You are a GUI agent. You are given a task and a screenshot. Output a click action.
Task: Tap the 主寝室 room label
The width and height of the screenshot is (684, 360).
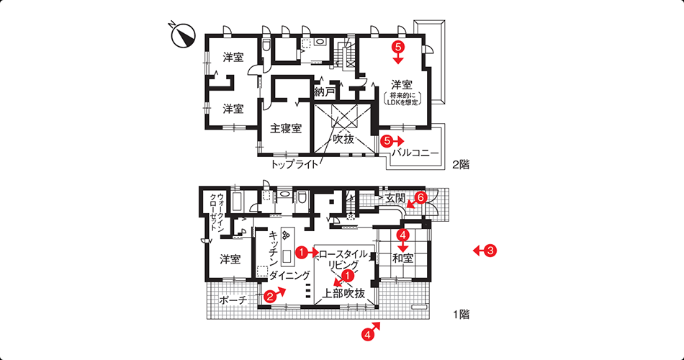[286, 128]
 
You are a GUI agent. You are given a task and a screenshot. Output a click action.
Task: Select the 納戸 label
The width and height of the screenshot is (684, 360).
[325, 92]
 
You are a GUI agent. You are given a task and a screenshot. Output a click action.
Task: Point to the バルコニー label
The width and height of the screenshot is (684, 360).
[415, 153]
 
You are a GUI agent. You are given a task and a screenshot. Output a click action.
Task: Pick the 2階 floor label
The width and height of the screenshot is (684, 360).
[461, 165]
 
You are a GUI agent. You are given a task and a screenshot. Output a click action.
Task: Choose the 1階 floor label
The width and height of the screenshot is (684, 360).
[461, 314]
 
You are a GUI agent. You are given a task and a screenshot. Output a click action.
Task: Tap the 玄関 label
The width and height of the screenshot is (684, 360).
[395, 198]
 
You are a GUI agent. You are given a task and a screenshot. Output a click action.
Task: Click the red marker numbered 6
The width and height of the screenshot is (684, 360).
[420, 197]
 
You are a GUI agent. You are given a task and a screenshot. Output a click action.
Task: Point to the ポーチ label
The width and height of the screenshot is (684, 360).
[233, 300]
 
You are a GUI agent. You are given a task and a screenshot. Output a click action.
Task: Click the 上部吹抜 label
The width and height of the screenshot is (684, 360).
[343, 293]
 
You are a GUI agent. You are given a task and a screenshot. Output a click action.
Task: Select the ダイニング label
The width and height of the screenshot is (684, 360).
[289, 275]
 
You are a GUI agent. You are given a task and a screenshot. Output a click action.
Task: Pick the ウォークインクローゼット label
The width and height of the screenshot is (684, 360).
[215, 209]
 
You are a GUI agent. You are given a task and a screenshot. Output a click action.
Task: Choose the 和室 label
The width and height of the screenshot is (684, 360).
[402, 258]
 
